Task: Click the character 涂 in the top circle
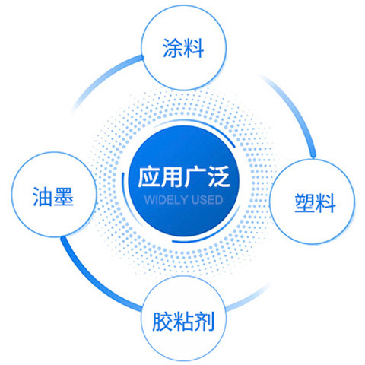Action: point(173,48)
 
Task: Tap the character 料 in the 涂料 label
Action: point(194,48)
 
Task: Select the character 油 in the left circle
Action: point(43,196)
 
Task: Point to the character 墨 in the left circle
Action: point(63,196)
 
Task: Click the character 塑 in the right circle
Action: point(304,203)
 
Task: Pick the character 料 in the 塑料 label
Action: point(325,203)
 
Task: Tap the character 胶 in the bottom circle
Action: point(162,322)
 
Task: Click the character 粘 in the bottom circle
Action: point(183,322)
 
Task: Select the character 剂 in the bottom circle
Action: point(204,322)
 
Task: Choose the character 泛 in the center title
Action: point(218,176)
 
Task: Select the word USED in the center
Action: point(207,200)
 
